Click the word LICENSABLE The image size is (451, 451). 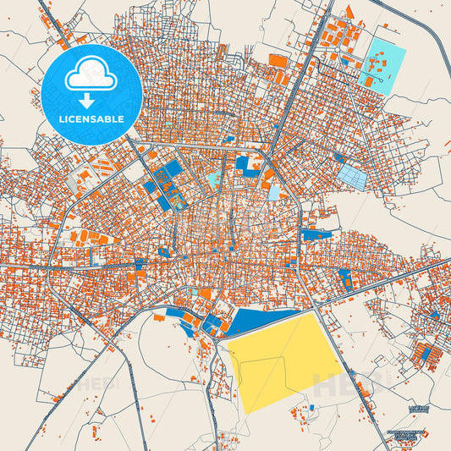click(91, 119)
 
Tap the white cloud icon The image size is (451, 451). click(91, 77)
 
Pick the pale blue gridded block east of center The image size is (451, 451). click(353, 177)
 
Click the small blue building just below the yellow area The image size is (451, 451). click(311, 408)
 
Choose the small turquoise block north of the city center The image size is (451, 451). click(215, 179)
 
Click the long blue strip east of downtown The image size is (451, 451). click(316, 234)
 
